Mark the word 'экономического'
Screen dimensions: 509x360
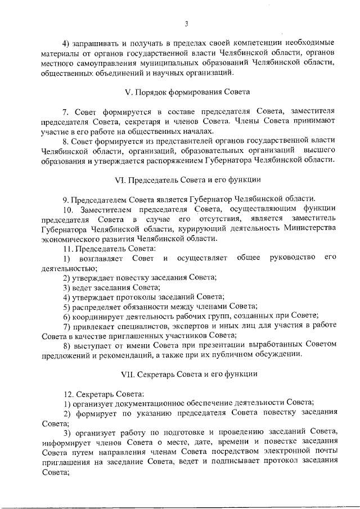(72, 238)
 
